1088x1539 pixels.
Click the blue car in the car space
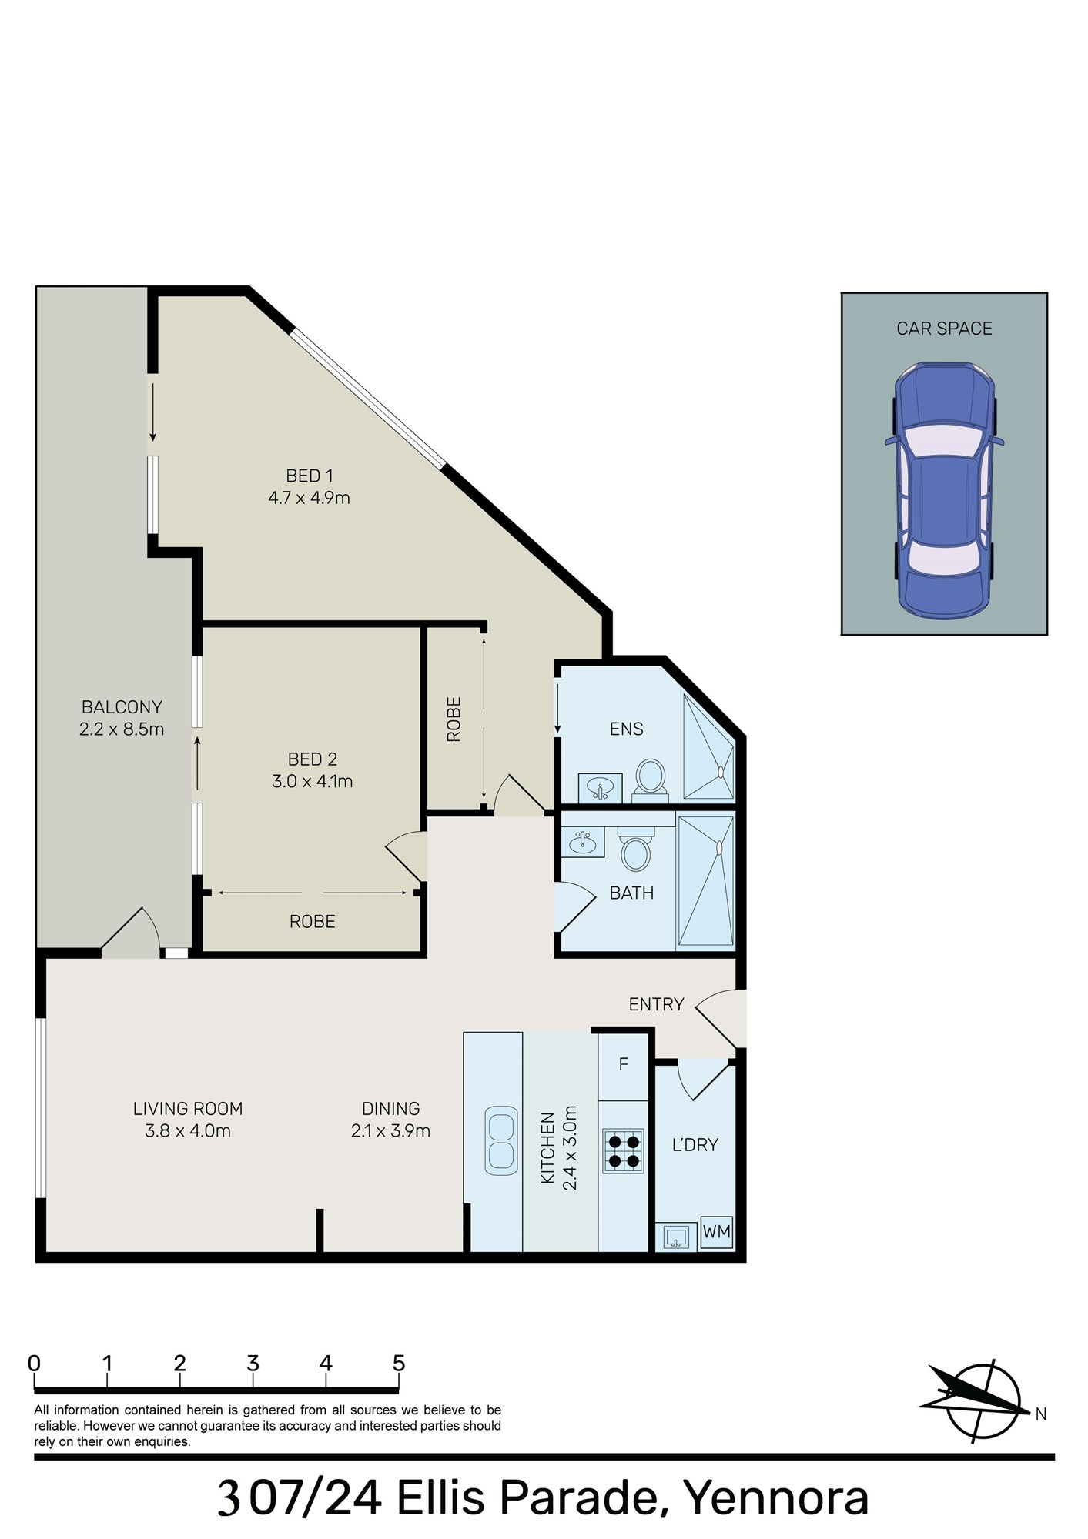(944, 490)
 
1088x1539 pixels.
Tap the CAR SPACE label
(944, 329)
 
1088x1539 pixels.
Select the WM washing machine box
(716, 1231)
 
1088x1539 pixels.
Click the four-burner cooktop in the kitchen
(623, 1150)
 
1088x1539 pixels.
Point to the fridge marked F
(623, 1065)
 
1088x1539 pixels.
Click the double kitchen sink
(500, 1140)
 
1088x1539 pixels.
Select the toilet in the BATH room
(635, 849)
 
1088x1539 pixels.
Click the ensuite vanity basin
(600, 788)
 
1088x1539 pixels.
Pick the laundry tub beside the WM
(676, 1237)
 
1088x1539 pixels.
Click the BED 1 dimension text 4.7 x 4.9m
(309, 498)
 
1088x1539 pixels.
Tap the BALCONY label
(122, 706)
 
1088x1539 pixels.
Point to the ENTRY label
(656, 1004)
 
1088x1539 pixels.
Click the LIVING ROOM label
(188, 1109)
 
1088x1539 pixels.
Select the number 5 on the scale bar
(398, 1364)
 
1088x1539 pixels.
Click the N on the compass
(1040, 1414)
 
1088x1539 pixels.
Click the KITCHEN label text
(547, 1148)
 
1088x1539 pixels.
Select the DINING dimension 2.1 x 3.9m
(390, 1130)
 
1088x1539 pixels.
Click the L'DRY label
(695, 1145)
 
